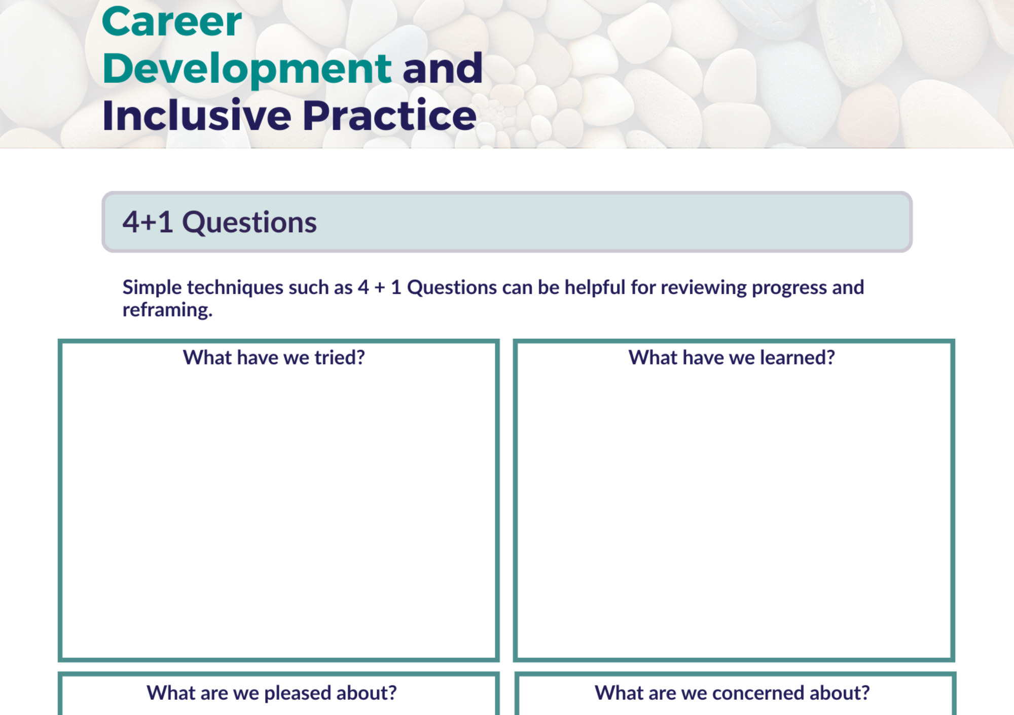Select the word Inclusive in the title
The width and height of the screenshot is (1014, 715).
point(197,115)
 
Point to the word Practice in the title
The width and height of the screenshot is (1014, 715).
point(390,115)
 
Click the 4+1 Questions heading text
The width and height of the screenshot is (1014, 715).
point(220,222)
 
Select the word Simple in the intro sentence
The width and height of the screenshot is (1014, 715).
point(152,288)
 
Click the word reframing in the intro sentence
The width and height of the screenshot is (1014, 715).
point(167,310)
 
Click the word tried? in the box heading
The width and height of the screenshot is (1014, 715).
point(340,357)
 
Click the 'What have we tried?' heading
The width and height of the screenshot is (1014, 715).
point(274,357)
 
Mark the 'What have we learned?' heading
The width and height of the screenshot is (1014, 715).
point(732,357)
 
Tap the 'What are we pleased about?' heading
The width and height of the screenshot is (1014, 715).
point(272,693)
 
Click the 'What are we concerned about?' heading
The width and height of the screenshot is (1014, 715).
point(732,693)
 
